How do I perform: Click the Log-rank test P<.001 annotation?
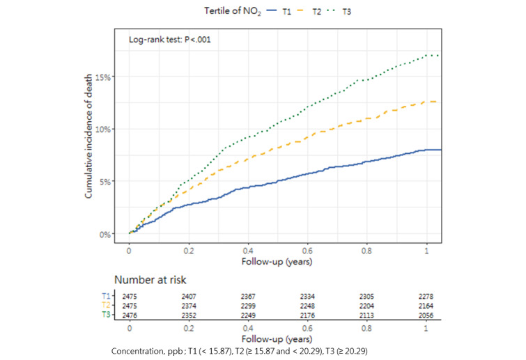click(x=170, y=40)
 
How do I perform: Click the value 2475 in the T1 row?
click(x=130, y=295)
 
